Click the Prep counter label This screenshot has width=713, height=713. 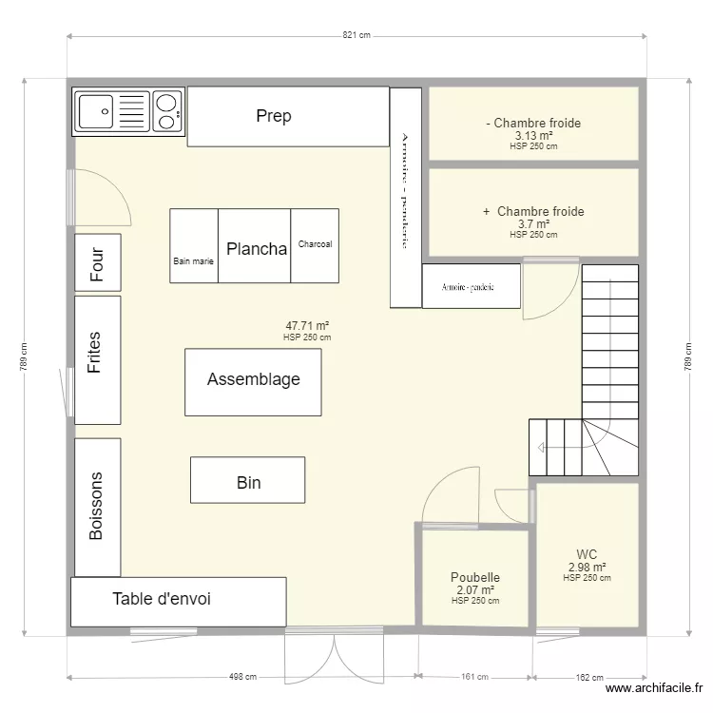coord(273,117)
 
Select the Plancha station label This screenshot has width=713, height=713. coord(257,249)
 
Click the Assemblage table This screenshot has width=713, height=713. coord(253,380)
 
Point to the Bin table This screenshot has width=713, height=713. coord(248,483)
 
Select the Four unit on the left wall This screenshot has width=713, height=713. coord(98,262)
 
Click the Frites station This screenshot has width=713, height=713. coord(95,353)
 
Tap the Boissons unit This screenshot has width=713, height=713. coord(96,507)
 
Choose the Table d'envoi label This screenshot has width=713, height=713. coord(162,599)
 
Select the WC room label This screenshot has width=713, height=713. coord(587,555)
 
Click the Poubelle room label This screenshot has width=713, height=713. coord(475,577)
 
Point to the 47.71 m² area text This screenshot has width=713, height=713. coord(307,325)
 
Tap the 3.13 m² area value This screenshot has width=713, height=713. coord(533,135)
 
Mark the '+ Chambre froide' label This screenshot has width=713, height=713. coord(533,211)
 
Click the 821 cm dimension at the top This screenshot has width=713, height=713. coord(356,35)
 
